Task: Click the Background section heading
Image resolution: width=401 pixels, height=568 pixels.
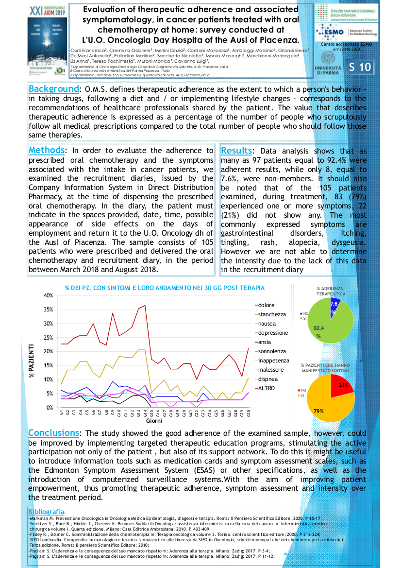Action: coord(53,89)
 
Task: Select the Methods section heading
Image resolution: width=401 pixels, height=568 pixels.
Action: coord(46,150)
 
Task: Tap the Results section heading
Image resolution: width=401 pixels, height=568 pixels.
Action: coord(236,151)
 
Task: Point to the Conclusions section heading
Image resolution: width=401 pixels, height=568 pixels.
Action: coord(53,433)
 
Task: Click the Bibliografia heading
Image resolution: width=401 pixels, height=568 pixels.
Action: coord(46,512)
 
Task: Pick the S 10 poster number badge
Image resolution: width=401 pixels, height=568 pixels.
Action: coord(360,68)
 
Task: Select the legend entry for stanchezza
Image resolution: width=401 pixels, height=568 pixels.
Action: coord(272,314)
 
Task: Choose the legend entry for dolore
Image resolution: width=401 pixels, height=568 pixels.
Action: coord(267,305)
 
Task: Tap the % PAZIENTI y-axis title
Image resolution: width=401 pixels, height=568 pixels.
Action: coord(32,360)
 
